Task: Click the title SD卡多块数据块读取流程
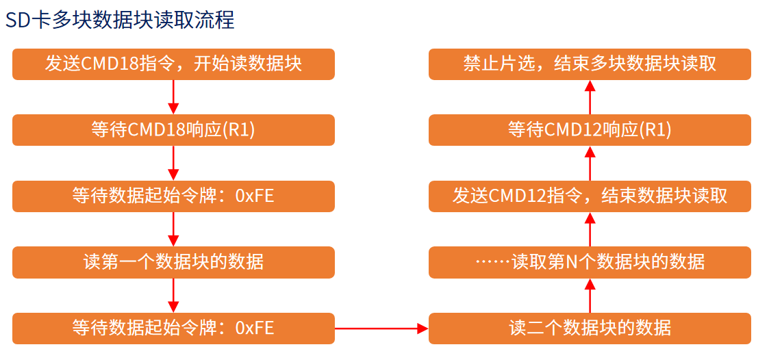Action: [120, 20]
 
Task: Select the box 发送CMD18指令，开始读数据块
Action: [174, 64]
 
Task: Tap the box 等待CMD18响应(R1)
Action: [174, 130]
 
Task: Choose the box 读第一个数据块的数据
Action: [174, 262]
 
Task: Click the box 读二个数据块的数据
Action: [590, 328]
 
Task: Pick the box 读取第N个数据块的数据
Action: [590, 262]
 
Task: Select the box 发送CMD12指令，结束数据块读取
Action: [590, 196]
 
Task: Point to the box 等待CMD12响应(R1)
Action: [590, 130]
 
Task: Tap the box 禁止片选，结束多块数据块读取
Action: [590, 64]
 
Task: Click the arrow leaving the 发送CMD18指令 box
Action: [173, 97]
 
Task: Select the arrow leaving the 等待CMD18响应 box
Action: [173, 164]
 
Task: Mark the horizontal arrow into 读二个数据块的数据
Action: [381, 329]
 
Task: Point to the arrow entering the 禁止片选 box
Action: [590, 97]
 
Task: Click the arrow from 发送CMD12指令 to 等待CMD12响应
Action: [590, 164]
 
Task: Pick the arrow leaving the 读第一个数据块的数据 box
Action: [173, 295]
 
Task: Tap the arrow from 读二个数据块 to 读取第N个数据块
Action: [590, 295]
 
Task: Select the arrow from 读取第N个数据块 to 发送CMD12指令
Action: [590, 229]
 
